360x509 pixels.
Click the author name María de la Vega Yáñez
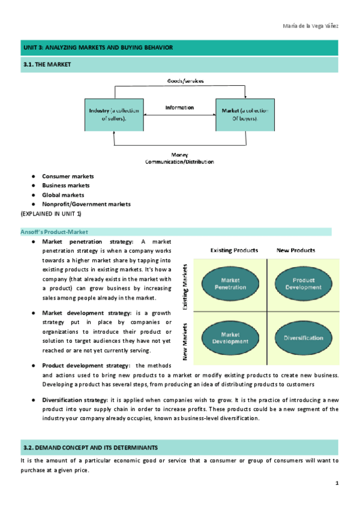310,26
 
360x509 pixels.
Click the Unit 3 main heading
98,48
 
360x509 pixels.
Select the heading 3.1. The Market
47,65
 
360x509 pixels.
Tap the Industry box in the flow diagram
114,115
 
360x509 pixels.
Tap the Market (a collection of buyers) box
245,115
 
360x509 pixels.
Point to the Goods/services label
185,81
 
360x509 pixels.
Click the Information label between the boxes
179,107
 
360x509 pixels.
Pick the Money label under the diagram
179,155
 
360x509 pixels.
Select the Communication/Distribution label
179,161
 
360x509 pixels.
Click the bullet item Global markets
63,195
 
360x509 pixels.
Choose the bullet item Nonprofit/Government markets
86,204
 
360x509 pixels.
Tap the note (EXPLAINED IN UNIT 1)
51,214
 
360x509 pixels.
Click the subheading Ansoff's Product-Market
54,232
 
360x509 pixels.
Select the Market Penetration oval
230,284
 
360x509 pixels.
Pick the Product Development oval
304,284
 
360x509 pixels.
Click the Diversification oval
304,338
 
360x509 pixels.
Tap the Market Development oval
230,338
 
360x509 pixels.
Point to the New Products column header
296,250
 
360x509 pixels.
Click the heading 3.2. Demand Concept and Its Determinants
91,448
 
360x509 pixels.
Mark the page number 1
337,483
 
